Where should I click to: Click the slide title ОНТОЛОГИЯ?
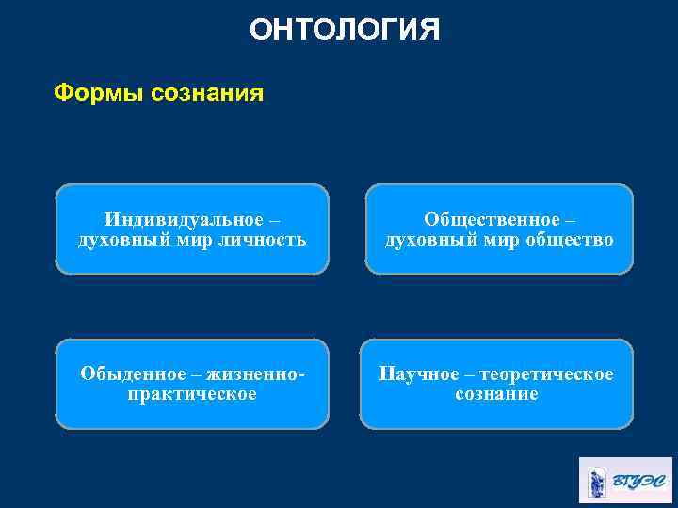[345, 30]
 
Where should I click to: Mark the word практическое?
[192, 394]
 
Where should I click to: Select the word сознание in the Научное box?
[496, 394]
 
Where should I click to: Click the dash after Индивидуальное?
[274, 220]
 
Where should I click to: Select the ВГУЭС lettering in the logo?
[638, 482]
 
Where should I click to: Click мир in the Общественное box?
[494, 240]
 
